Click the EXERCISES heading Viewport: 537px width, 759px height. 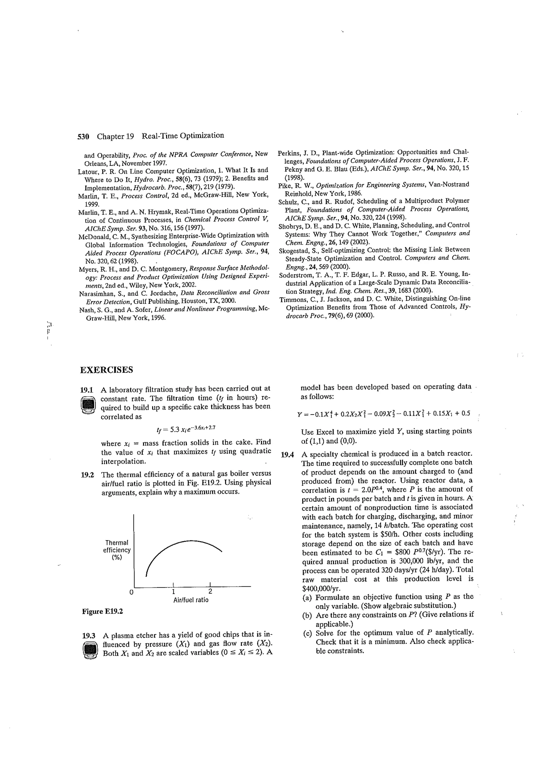[106, 370]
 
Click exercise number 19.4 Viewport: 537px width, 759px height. [287, 455]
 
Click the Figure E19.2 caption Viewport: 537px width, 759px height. [102, 611]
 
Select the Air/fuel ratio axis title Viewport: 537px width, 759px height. [191, 600]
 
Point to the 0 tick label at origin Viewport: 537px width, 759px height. [131, 592]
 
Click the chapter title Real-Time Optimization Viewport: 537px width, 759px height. [183, 135]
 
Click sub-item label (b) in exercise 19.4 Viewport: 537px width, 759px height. [307, 615]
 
